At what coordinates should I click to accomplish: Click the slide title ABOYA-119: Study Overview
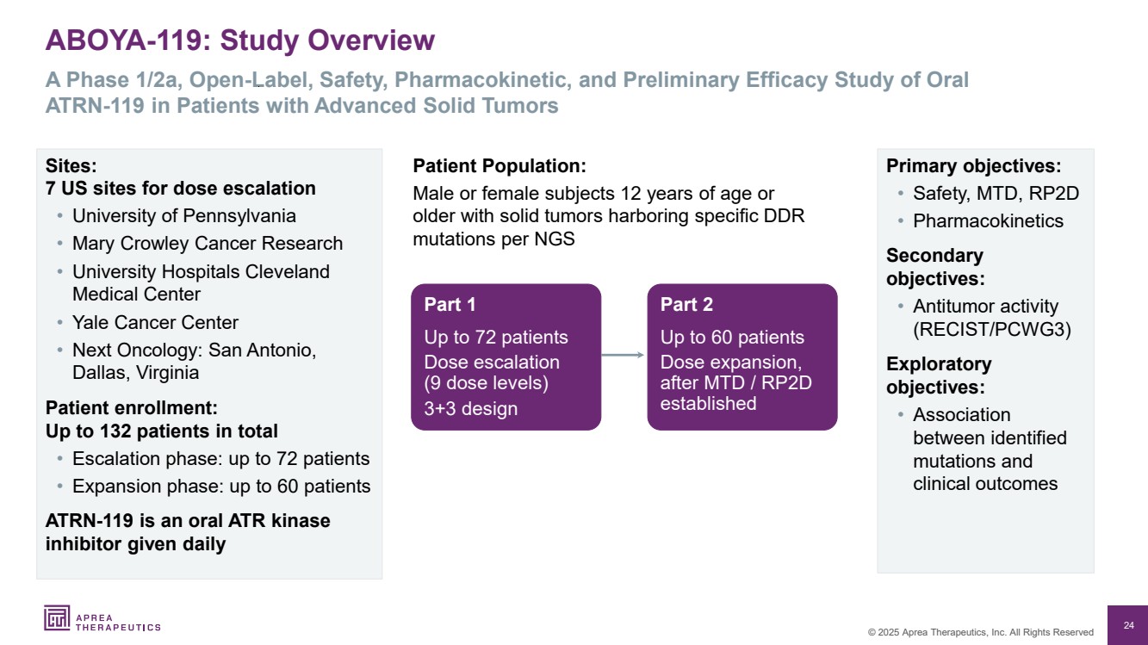coord(240,40)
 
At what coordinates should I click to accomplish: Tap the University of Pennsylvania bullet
coord(183,215)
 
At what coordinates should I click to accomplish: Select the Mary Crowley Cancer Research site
coord(207,244)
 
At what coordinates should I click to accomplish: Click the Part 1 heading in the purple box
coord(450,305)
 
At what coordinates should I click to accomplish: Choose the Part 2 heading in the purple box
coord(686,305)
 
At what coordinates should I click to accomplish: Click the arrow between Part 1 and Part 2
coord(624,355)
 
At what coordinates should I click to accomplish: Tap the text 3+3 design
coord(470,408)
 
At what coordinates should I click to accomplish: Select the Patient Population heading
coord(500,166)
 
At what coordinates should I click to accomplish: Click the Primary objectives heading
coord(973,166)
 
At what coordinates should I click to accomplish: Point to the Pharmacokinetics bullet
coord(987,220)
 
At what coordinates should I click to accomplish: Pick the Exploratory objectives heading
coord(939,375)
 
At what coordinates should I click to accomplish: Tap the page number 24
coord(1128,625)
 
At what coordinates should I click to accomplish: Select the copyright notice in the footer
coord(980,632)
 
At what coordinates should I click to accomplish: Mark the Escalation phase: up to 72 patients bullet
coord(220,458)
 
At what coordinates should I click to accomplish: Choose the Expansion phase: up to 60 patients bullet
coord(220,486)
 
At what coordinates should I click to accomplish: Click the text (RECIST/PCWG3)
coord(991,329)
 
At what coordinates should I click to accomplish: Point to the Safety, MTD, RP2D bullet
coord(995,194)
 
